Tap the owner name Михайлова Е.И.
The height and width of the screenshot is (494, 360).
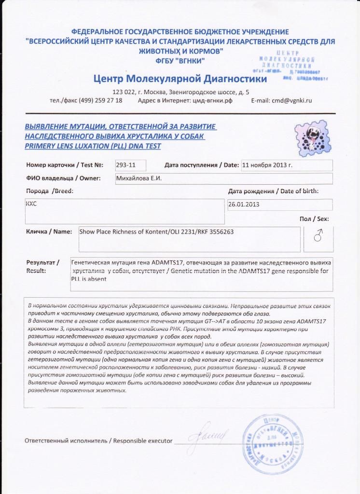pyautogui.click(x=139, y=178)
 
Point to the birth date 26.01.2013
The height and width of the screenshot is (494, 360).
pyautogui.click(x=244, y=204)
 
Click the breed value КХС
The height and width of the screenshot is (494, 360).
pyautogui.click(x=31, y=204)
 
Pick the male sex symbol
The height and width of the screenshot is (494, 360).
pyautogui.click(x=318, y=236)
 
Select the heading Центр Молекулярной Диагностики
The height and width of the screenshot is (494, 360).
pyautogui.click(x=180, y=78)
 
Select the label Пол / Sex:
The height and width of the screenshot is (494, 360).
pyautogui.click(x=314, y=219)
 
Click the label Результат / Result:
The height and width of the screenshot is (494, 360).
pyautogui.click(x=43, y=266)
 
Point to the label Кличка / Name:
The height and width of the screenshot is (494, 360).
pyautogui.click(x=49, y=232)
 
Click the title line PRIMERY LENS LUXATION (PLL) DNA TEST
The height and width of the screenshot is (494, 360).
pyautogui.click(x=93, y=146)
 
